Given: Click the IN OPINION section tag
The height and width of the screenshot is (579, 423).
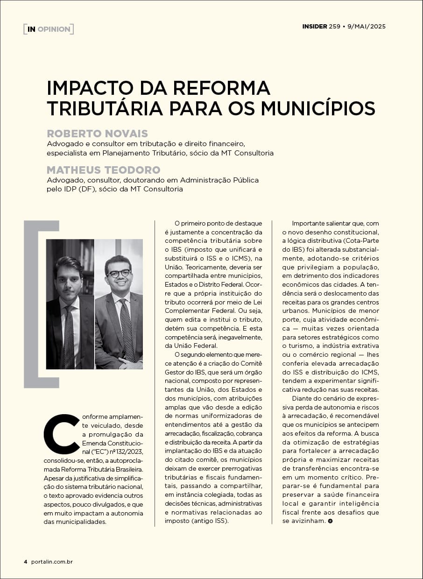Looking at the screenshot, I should coord(49,29).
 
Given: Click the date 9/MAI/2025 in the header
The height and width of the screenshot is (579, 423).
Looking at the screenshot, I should coord(366,27).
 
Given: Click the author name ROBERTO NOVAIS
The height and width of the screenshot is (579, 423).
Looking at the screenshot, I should coord(97,134).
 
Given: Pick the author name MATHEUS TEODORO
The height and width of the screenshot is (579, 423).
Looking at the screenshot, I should coord(104,170).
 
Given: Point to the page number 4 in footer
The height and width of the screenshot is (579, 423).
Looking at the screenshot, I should coord(26,562).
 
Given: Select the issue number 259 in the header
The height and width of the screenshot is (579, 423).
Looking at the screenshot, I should coord(334,27).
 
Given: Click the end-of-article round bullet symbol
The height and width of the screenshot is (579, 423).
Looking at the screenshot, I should coord(331,521).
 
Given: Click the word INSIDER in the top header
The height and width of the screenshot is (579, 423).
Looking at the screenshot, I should coord(314,27).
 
